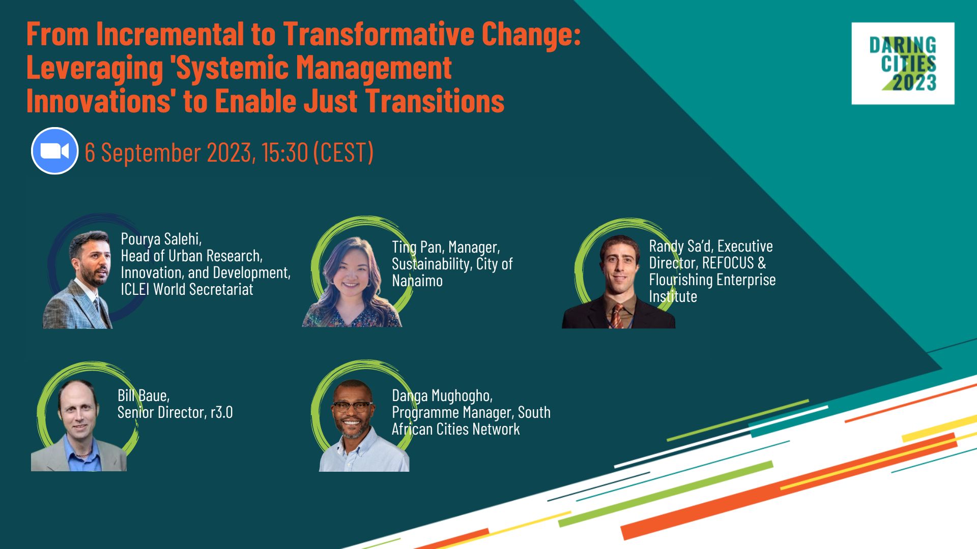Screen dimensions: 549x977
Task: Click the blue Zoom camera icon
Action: pyautogui.click(x=54, y=151)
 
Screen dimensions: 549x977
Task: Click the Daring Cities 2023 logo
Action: pyautogui.click(x=903, y=64)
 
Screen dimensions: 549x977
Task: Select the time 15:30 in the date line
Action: pyautogui.click(x=284, y=152)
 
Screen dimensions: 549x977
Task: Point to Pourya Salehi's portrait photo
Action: pyautogui.click(x=81, y=280)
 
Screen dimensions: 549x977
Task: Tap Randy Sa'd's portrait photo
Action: pyautogui.click(x=618, y=282)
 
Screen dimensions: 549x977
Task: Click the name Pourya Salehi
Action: pyautogui.click(x=161, y=239)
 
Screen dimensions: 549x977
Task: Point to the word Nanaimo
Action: pyautogui.click(x=417, y=281)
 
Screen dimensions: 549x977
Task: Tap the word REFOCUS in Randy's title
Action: pyautogui.click(x=728, y=263)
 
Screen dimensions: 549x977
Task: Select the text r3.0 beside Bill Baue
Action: pyautogui.click(x=221, y=412)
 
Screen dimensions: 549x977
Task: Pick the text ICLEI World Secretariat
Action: pyautogui.click(x=187, y=289)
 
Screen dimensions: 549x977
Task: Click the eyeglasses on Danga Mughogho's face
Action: pyautogui.click(x=352, y=406)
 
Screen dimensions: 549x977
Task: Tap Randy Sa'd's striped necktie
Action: pyautogui.click(x=617, y=316)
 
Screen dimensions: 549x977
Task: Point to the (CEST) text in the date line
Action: pyautogui.click(x=343, y=152)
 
